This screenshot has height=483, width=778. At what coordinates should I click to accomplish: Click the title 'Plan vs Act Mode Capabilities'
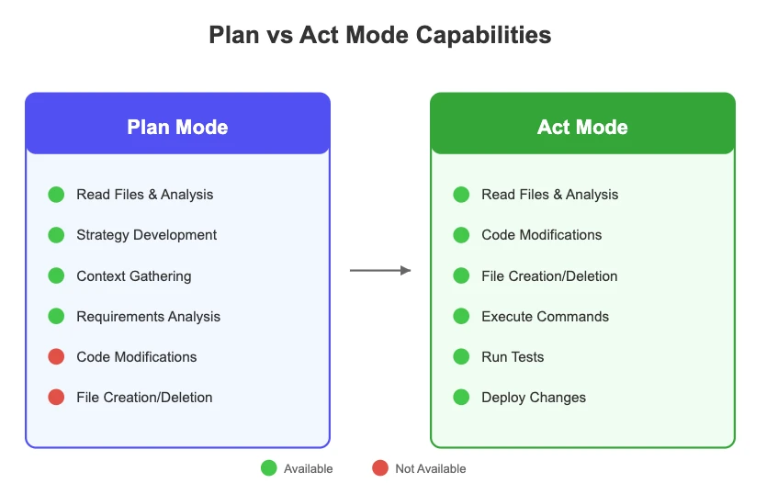point(380,36)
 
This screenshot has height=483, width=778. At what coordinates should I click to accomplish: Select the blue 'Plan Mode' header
point(177,127)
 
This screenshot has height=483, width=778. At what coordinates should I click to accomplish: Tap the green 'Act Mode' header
point(582,127)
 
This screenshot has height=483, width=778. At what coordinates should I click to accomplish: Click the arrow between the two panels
point(380,270)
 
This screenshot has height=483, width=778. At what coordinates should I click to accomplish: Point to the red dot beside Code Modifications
point(56,356)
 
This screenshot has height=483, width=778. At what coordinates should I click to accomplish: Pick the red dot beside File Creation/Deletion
point(56,397)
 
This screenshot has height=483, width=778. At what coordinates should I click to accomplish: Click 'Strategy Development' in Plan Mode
point(146,235)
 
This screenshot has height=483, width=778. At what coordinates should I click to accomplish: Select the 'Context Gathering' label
point(133,275)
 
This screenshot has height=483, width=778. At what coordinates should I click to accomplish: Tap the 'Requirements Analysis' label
point(148,316)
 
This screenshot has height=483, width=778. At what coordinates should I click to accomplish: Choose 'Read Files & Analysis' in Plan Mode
point(144,195)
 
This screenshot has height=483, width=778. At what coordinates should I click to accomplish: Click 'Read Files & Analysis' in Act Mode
point(549,195)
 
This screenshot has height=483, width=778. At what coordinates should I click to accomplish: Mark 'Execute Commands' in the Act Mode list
point(545,316)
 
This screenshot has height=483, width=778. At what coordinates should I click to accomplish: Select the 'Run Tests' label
point(513,356)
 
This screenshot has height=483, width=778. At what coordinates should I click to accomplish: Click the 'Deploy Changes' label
point(533,397)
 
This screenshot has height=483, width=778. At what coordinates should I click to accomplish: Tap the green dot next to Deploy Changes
point(461,397)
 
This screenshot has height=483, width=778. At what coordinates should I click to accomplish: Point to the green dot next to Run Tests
point(461,356)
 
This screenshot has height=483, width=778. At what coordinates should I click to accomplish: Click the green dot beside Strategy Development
point(56,235)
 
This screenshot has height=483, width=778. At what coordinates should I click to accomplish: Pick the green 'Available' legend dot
point(268,468)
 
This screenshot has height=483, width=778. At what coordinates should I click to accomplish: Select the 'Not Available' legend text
point(430,468)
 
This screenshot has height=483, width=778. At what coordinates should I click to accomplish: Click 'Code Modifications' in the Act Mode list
point(541,235)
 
